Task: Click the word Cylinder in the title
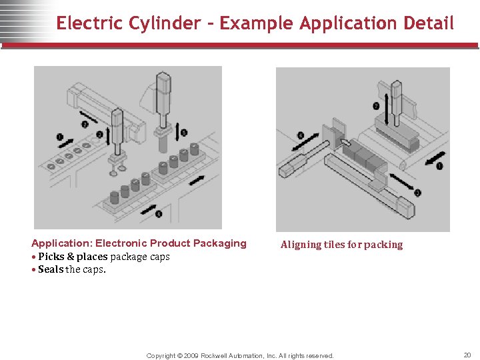167,23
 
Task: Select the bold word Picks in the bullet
51,257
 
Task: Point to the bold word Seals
51,269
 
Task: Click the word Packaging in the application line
217,243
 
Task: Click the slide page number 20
467,355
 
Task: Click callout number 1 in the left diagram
60,138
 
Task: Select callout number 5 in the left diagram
185,133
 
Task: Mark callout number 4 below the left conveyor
158,214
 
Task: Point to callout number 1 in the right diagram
439,165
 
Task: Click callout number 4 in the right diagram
301,135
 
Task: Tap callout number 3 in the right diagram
417,193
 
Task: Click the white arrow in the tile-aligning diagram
346,141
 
